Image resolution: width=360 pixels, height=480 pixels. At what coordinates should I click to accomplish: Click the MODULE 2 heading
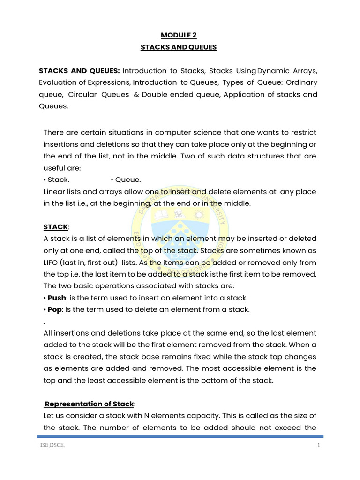point(180,35)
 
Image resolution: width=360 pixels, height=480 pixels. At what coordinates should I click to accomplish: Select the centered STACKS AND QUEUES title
point(180,47)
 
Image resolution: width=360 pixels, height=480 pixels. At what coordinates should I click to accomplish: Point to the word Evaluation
point(58,82)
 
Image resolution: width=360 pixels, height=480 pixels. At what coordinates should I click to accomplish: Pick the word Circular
point(83,94)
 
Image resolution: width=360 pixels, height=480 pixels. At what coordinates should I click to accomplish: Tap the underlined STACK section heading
point(56,227)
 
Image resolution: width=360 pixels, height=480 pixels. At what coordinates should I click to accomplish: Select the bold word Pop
point(55,309)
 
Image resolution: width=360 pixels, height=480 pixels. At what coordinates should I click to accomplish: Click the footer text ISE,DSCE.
point(52,446)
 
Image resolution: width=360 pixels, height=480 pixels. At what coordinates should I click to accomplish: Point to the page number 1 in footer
point(318,446)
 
